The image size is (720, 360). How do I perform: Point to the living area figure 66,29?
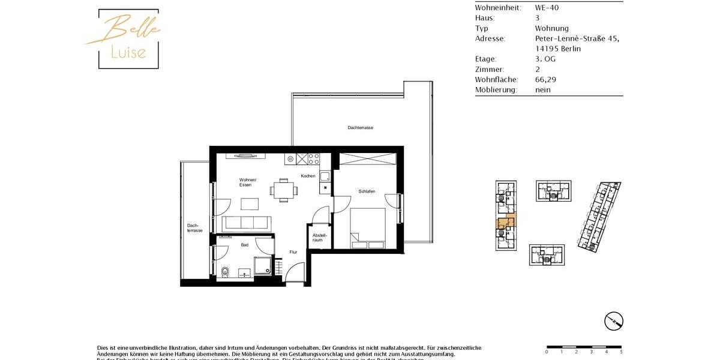click(x=547, y=79)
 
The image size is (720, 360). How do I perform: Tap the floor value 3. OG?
click(x=546, y=59)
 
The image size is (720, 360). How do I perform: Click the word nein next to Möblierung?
click(x=542, y=89)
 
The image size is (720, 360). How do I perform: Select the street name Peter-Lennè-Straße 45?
click(x=577, y=38)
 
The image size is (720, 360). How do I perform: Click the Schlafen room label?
click(x=367, y=191)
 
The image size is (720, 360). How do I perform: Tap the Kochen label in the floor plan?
click(x=308, y=176)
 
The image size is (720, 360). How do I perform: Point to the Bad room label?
click(x=244, y=245)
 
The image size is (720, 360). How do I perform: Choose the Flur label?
click(x=293, y=252)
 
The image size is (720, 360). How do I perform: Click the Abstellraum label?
click(x=319, y=238)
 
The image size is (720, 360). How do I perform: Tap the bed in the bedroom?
click(x=368, y=228)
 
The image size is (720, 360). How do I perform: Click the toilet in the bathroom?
click(x=224, y=272)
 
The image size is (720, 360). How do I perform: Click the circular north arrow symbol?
click(x=613, y=321)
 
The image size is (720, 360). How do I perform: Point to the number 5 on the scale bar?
click(x=621, y=352)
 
